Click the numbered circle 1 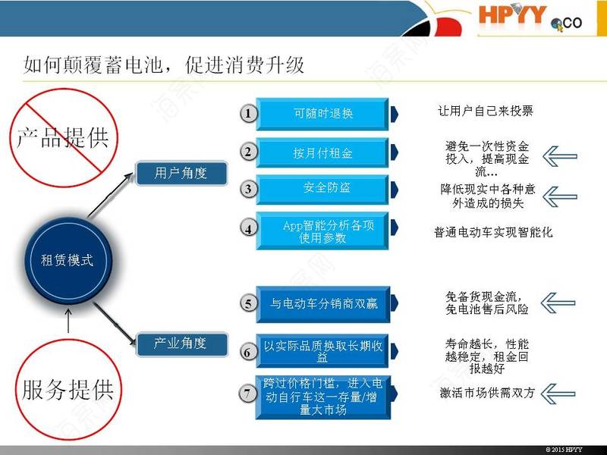click(x=248, y=113)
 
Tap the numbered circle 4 click(x=248, y=228)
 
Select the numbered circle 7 click(x=248, y=394)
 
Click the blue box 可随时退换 click(x=322, y=114)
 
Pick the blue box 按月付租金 click(x=322, y=153)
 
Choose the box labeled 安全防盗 click(x=322, y=189)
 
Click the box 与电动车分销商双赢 click(x=323, y=304)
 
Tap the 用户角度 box click(x=181, y=173)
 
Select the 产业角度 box click(x=181, y=344)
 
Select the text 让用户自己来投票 click(x=486, y=111)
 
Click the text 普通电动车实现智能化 click(x=493, y=232)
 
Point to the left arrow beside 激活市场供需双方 click(x=558, y=394)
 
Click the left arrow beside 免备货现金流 click(x=558, y=303)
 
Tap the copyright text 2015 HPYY click(x=564, y=450)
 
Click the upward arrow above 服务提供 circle click(x=68, y=320)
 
